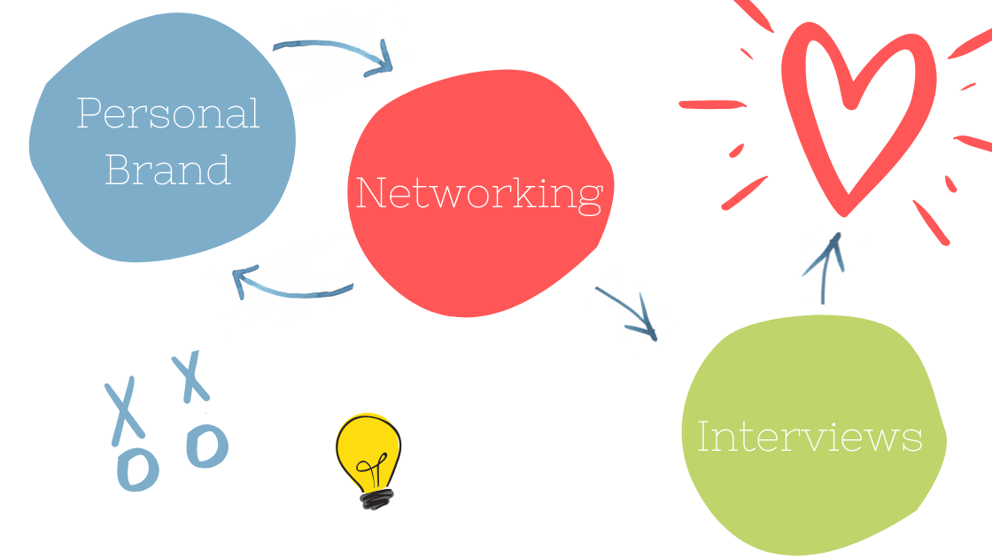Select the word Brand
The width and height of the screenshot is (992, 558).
coord(168,167)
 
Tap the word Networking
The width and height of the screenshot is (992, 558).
coord(479,193)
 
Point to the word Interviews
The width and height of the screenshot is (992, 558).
coord(810,437)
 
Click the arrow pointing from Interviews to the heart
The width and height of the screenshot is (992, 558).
coord(825,266)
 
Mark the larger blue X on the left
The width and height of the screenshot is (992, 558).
coord(124,409)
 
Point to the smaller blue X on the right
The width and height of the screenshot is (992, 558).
coord(190,376)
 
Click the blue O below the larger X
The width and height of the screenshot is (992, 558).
coord(137,468)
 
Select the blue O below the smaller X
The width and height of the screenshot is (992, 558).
coord(207,445)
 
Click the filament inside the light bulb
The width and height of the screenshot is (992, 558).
coord(369,463)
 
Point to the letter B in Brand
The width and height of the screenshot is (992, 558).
coord(120,167)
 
